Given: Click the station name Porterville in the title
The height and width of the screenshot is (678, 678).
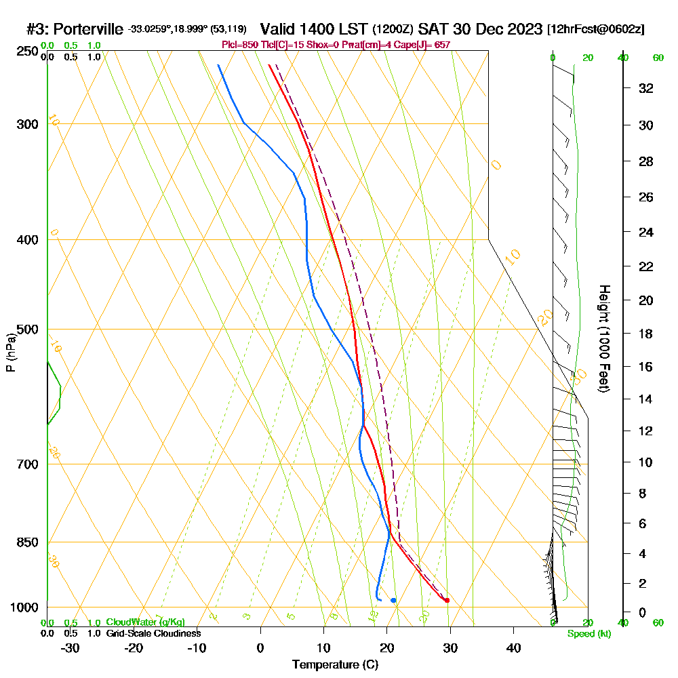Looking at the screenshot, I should tap(88, 29).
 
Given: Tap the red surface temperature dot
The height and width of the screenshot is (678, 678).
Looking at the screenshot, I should tap(447, 601).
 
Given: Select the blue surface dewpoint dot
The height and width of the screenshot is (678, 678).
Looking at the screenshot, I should tap(393, 600).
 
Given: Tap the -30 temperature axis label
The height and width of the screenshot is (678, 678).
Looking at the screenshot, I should tap(71, 648).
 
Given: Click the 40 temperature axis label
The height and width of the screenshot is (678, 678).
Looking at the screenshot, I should tap(513, 648).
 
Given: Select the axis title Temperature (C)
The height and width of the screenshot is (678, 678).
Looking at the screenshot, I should tap(335, 665).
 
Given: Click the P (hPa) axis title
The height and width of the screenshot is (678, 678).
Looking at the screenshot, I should tap(10, 353).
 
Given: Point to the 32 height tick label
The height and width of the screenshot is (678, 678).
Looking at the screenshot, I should tap(646, 88).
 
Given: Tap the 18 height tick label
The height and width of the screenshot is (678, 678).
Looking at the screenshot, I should tap(646, 334).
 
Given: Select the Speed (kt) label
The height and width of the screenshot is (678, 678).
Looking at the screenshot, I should tap(589, 634).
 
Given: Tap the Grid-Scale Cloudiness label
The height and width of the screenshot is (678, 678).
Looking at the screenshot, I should tap(153, 633).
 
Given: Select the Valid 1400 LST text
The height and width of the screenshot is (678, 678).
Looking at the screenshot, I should tap(315, 29).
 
